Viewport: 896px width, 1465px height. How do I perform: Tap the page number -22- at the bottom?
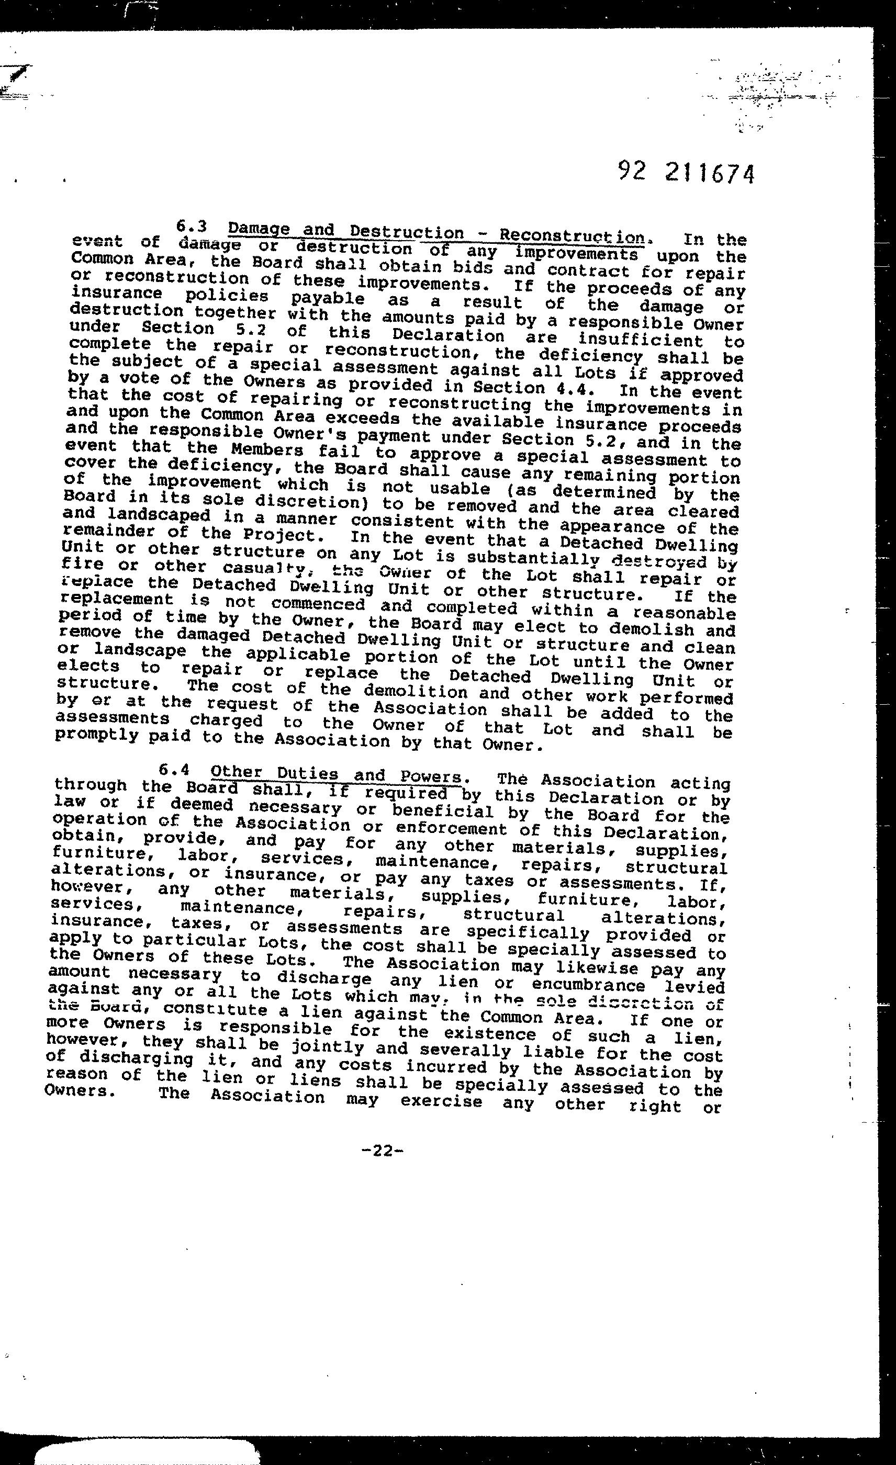[382, 1151]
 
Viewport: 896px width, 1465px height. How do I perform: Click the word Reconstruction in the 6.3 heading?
[572, 236]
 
